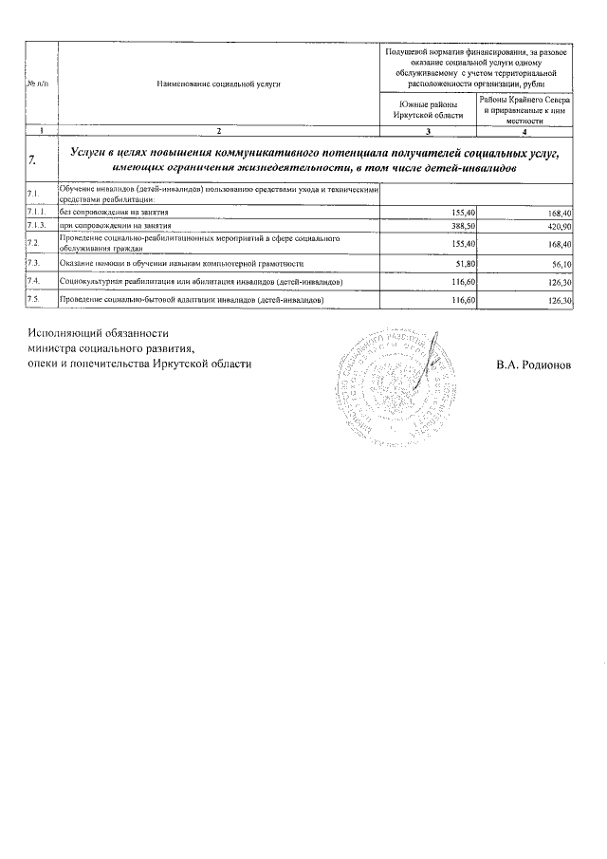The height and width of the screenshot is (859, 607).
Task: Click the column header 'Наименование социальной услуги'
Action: (x=219, y=84)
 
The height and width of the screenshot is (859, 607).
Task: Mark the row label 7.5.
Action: (x=33, y=299)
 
